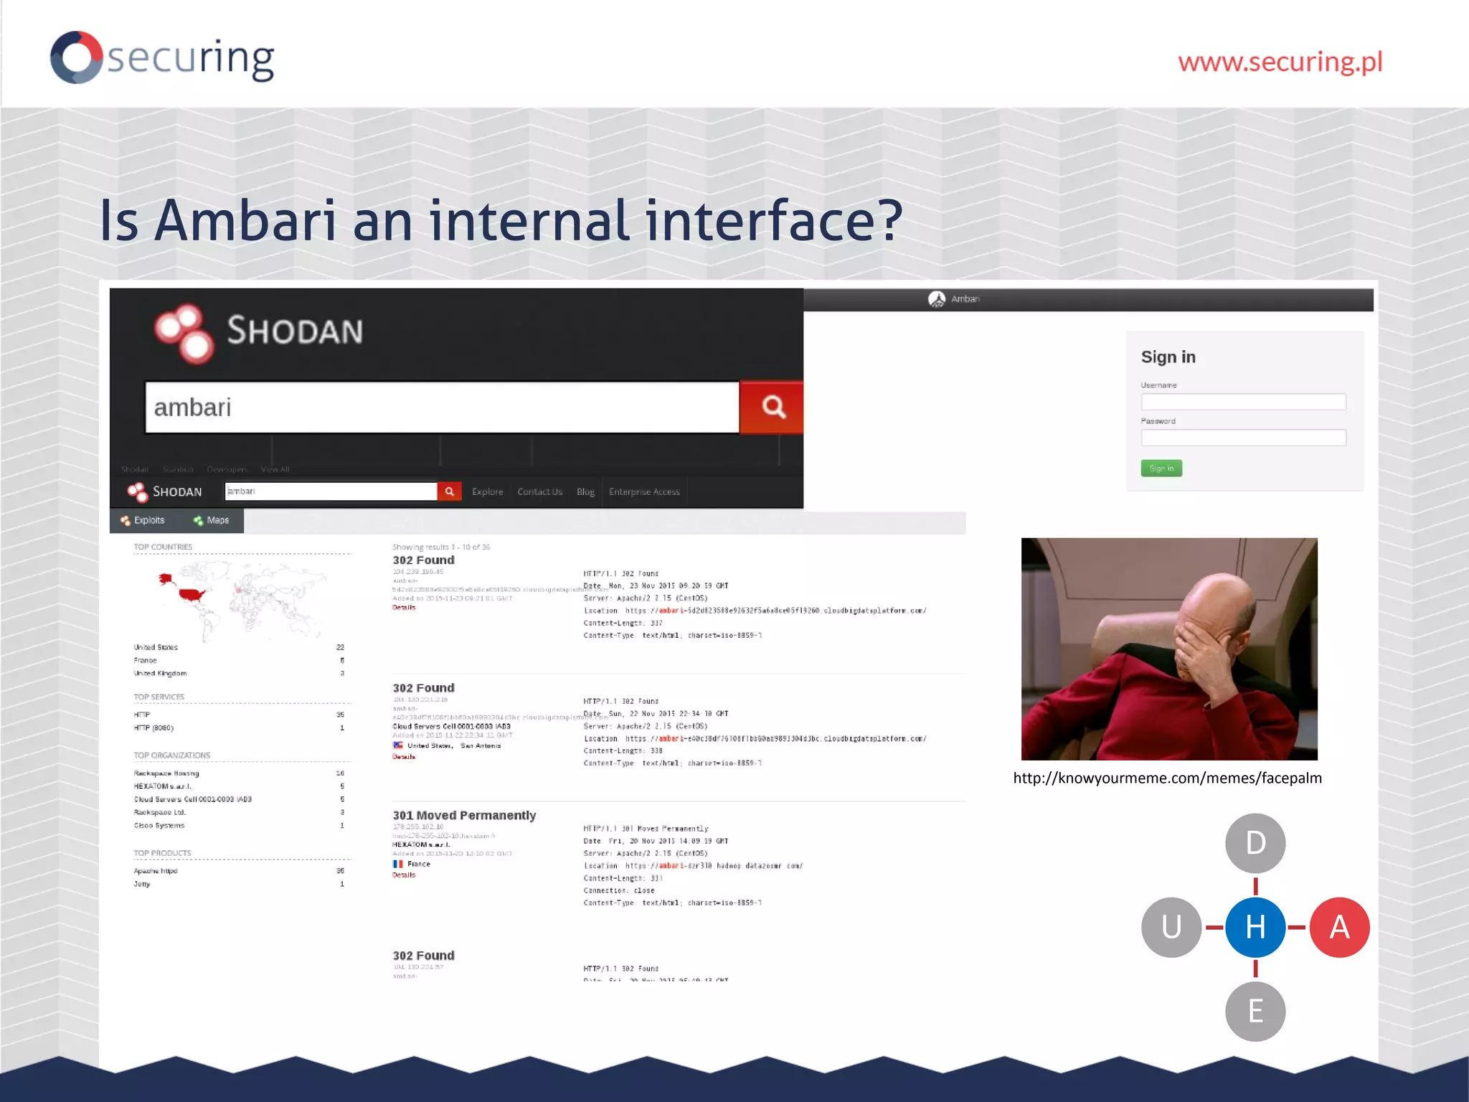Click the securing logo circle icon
click(76, 57)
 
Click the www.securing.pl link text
click(1280, 62)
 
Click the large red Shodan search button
click(772, 407)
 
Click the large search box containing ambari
click(441, 408)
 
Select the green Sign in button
click(1161, 468)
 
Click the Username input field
click(1243, 402)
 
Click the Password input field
click(1243, 438)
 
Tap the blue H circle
click(1255, 927)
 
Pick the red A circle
click(1339, 927)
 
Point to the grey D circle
click(1255, 843)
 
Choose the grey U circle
click(1171, 927)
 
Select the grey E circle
click(1255, 1011)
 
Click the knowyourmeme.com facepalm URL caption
click(1167, 778)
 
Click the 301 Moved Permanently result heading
click(464, 815)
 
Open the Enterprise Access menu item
click(644, 491)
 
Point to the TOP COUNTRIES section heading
click(163, 547)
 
